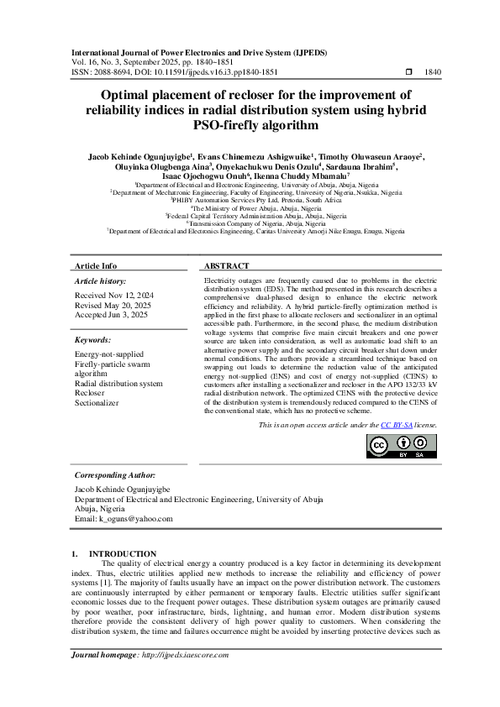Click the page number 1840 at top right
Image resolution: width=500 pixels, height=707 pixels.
[432, 73]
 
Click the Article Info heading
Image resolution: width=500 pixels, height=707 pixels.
[97, 265]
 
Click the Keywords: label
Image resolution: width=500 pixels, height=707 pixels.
[93, 340]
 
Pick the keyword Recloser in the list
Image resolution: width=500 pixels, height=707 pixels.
[90, 392]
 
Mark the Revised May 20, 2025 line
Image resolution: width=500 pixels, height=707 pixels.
[113, 306]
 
